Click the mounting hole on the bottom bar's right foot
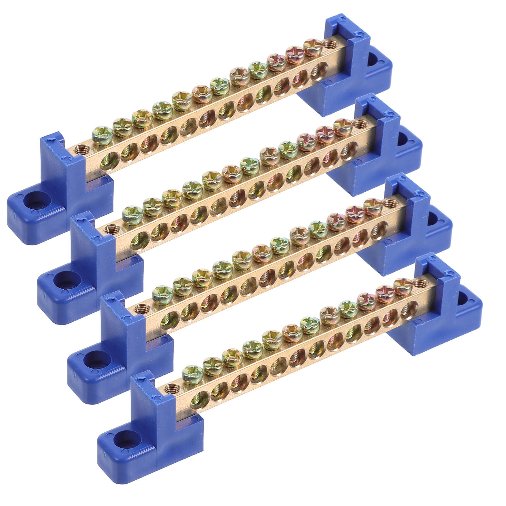click(x=468, y=299)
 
